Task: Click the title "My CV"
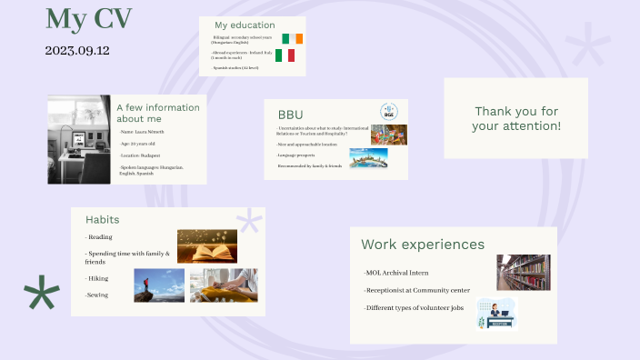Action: pyautogui.click(x=88, y=18)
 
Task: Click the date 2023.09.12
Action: pyautogui.click(x=77, y=51)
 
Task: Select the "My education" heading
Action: pyautogui.click(x=245, y=25)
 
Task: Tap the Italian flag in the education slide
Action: pyautogui.click(x=285, y=55)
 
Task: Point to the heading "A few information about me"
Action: pyautogui.click(x=157, y=113)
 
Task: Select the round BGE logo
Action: pyautogui.click(x=388, y=111)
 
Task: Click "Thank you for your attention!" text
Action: pyautogui.click(x=515, y=118)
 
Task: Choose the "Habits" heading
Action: pyautogui.click(x=102, y=219)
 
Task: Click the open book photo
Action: pyautogui.click(x=206, y=245)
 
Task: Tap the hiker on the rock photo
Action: pyautogui.click(x=158, y=285)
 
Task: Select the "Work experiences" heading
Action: pyautogui.click(x=423, y=244)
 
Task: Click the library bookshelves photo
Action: pyautogui.click(x=523, y=271)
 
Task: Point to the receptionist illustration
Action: pyautogui.click(x=496, y=313)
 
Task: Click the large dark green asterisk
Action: pyautogui.click(x=42, y=293)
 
